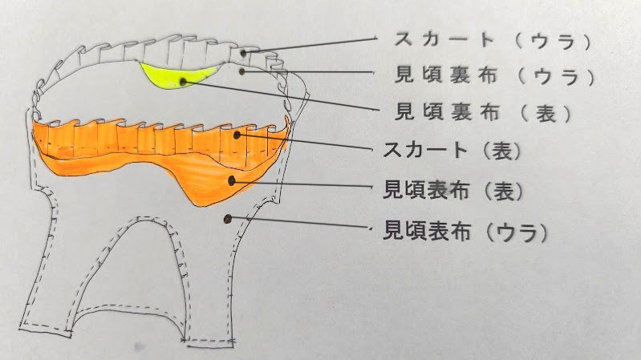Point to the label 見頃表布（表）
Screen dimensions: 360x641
click(x=454, y=191)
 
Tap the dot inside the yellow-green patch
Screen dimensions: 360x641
click(x=184, y=80)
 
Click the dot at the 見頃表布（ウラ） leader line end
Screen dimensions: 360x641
click(x=229, y=217)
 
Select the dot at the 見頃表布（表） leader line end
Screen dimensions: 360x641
click(x=232, y=181)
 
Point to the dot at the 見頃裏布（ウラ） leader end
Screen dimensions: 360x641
click(x=242, y=71)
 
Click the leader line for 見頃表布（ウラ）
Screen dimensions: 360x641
click(x=301, y=224)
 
